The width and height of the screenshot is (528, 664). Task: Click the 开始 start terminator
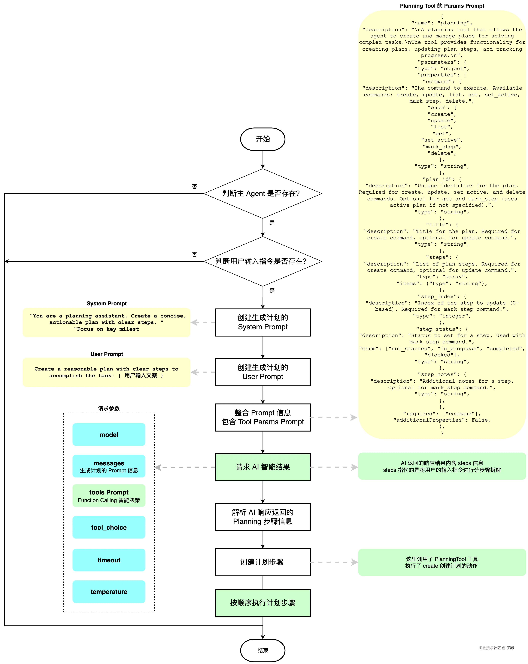263,139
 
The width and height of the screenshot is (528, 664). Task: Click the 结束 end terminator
263,650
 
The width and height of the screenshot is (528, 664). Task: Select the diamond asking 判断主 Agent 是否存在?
263,193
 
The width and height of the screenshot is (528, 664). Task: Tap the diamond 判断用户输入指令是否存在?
263,261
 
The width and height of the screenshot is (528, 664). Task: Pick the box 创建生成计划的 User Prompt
263,372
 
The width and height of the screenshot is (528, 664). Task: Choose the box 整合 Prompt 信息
263,417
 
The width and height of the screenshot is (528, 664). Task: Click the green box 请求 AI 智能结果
263,467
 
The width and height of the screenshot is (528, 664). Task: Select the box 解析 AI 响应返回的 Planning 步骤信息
263,517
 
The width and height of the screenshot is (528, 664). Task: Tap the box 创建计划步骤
263,562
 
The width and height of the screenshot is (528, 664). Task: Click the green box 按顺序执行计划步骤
263,603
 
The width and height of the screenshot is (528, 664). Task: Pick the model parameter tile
109,435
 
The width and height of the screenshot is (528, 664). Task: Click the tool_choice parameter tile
109,527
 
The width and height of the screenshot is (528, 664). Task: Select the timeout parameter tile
109,560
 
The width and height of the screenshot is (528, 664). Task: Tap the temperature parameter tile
109,592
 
